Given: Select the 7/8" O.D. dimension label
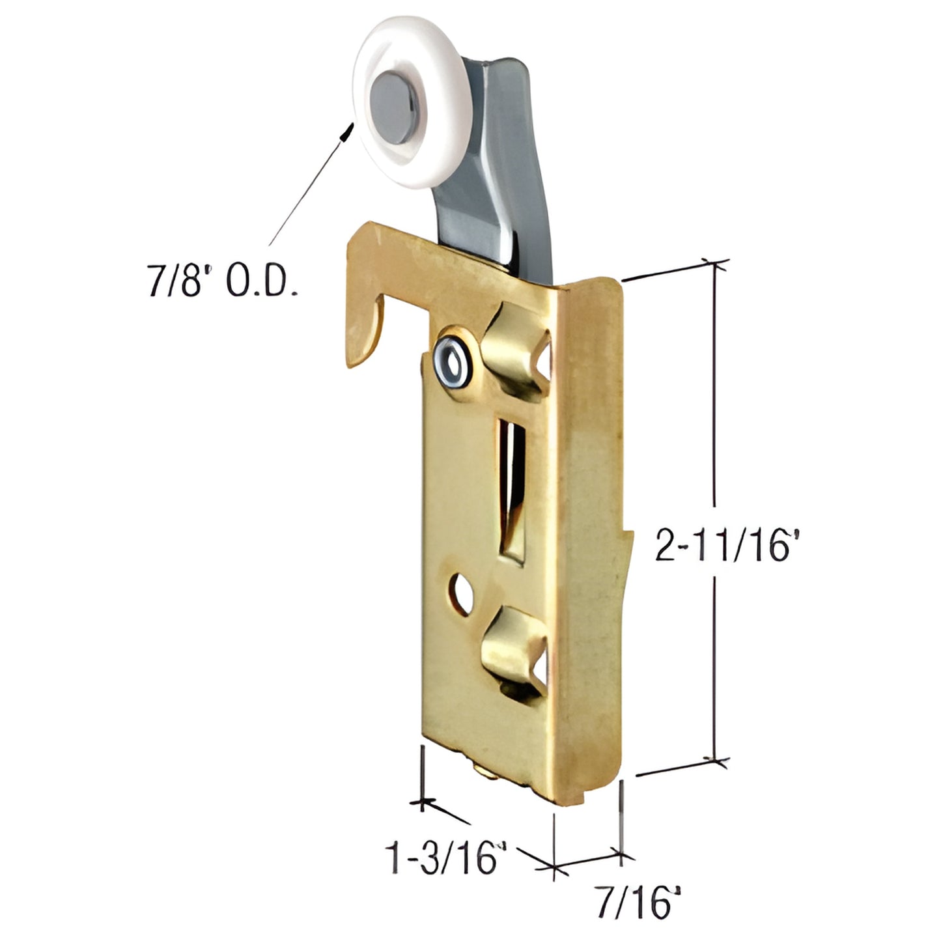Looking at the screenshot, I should (x=222, y=282).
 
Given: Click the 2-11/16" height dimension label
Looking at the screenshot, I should (x=726, y=545).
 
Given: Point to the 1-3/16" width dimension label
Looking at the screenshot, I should (x=447, y=858).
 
